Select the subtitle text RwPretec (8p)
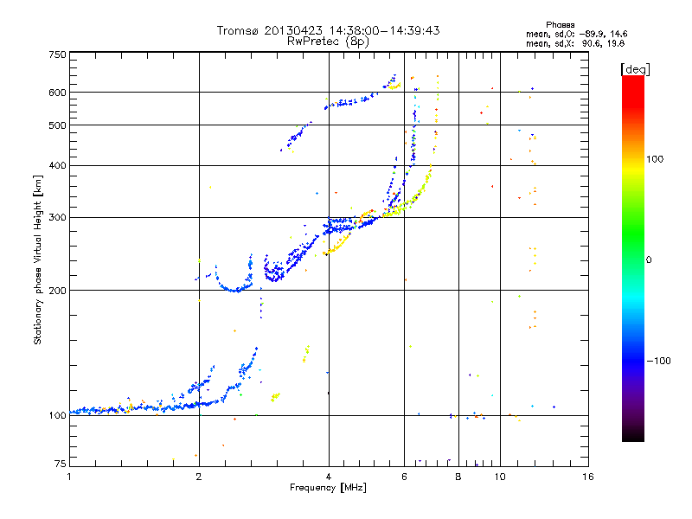[x=329, y=41]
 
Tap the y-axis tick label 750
[x=57, y=54]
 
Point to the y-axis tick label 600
[x=57, y=93]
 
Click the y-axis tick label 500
[x=57, y=125]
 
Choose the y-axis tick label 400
[x=57, y=165]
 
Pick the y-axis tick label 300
[x=57, y=217]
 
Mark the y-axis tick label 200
[x=57, y=291]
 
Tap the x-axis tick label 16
[x=588, y=477]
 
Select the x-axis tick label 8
[x=458, y=477]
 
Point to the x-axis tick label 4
[x=329, y=477]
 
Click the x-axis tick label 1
[x=70, y=477]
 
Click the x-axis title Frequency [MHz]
[x=329, y=488]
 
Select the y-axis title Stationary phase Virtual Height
[x=38, y=259]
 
